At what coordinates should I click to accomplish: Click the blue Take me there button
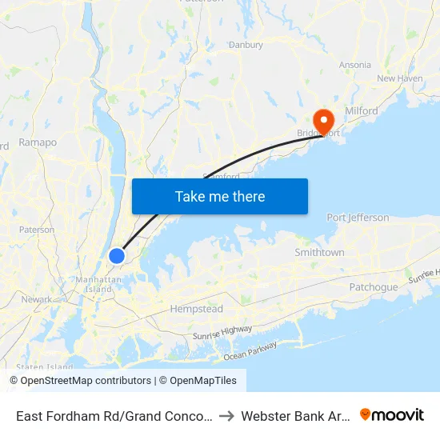coord(220,196)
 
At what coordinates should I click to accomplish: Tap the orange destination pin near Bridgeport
coord(323,122)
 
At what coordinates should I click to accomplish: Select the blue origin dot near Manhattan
coord(117,256)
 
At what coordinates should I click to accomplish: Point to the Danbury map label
coord(246,45)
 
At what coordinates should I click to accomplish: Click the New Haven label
coord(399,78)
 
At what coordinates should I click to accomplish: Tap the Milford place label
coord(361,111)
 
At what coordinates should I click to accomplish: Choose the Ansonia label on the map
coord(355,65)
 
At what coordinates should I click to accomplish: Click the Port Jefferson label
coord(358,218)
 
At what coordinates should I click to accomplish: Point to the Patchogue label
coord(373,287)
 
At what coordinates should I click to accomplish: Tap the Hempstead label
coord(196,309)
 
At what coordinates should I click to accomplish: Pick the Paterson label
coord(38,230)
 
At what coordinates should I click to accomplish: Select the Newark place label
coord(37,299)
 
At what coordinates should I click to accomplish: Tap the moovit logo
coord(391,415)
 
